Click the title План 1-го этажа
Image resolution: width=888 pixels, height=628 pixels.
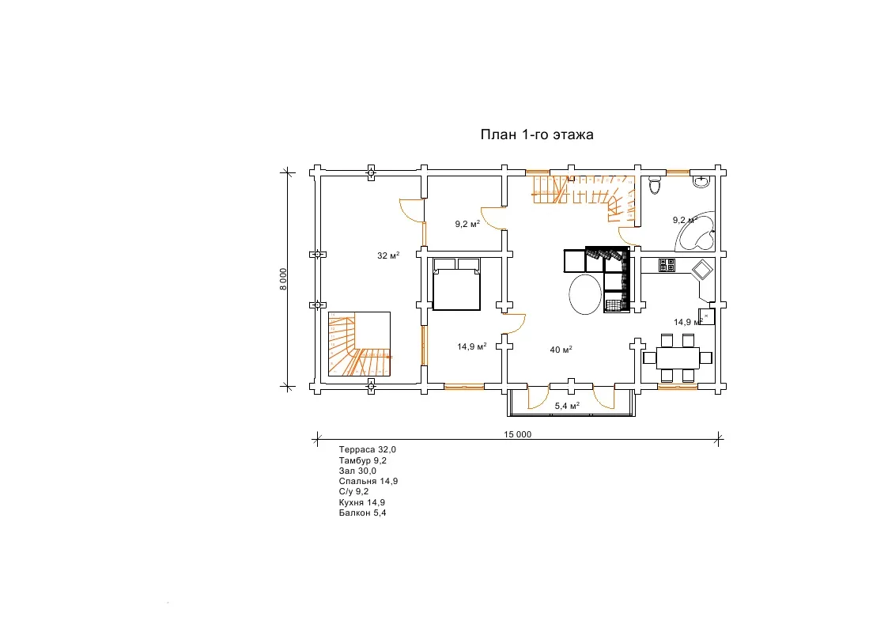pos(537,134)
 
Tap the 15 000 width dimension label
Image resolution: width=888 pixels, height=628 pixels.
pos(518,434)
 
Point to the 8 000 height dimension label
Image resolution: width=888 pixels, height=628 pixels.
pos(283,278)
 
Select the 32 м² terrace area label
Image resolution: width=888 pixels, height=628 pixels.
pos(388,256)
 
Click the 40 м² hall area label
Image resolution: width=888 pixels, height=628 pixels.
pos(561,350)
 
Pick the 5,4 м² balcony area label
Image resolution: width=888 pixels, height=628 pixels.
pos(567,406)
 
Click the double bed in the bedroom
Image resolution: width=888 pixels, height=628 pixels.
pos(456,284)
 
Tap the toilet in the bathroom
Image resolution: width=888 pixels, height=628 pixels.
pos(655,184)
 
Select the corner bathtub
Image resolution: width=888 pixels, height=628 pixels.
pos(695,232)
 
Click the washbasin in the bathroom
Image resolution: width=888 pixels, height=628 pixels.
pos(701,181)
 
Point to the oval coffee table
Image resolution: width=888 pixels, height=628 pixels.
pos(585,294)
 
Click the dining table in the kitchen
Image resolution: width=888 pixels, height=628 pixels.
pos(678,358)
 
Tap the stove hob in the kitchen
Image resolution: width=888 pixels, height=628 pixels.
pos(667,265)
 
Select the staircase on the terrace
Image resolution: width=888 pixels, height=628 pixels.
pos(360,344)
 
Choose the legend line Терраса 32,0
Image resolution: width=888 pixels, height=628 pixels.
pos(368,449)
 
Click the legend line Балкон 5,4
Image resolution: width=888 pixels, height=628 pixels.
pos(362,513)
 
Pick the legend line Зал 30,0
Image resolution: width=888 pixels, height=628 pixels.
pos(357,471)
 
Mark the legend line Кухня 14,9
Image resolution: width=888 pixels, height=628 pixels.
pos(362,502)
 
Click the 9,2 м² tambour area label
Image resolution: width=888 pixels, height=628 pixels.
pos(467,224)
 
